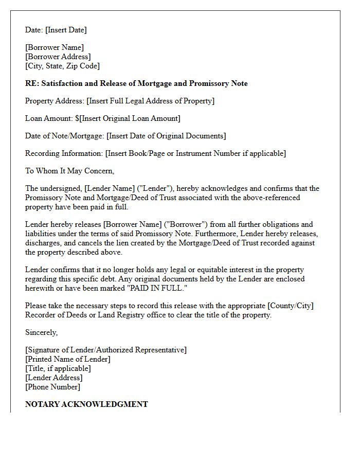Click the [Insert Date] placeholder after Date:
[x=66, y=30]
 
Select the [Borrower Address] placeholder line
[x=58, y=57]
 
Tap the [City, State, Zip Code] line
[x=62, y=66]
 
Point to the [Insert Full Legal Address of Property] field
[x=150, y=101]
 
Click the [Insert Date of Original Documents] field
[x=166, y=136]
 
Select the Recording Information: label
[x=64, y=153]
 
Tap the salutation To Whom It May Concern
[x=69, y=171]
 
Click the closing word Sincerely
[x=41, y=332]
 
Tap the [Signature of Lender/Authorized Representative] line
[x=106, y=350]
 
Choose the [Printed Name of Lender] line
[x=68, y=359]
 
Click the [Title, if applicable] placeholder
[x=58, y=368]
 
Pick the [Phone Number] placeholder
[x=52, y=387]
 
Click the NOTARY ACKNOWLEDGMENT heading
[x=86, y=404]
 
